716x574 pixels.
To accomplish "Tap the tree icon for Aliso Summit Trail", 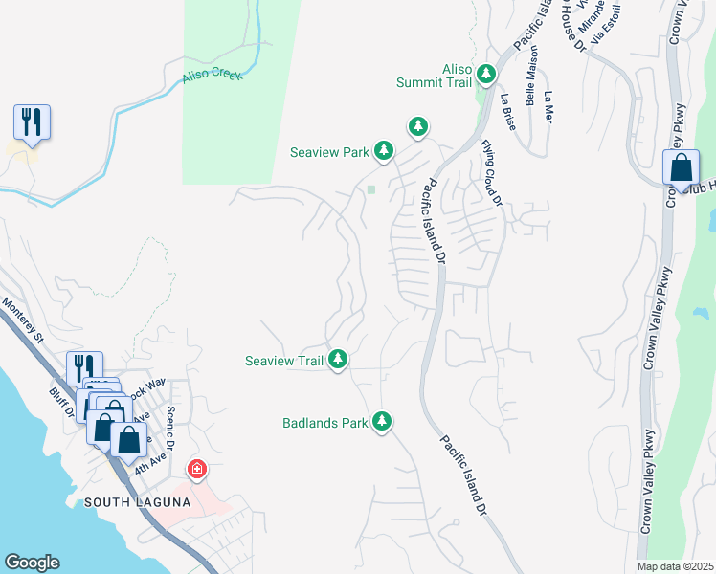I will click(487, 73).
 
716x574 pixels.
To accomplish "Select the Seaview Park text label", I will click(331, 151).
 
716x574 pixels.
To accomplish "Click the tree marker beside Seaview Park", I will click(384, 150).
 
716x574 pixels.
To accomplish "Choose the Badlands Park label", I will click(324, 422).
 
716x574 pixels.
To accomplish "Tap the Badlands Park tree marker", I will click(382, 421).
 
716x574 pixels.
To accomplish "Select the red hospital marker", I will click(196, 469).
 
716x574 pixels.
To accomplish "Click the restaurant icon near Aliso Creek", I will click(32, 122).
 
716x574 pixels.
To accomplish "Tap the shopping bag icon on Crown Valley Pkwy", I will click(681, 167).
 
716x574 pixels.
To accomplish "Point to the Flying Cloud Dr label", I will click(491, 172).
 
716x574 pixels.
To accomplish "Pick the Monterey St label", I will click(24, 320).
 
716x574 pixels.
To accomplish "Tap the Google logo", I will click(32, 563).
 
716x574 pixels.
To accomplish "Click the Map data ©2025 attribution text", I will click(675, 566).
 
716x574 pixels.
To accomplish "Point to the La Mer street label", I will click(548, 107).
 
